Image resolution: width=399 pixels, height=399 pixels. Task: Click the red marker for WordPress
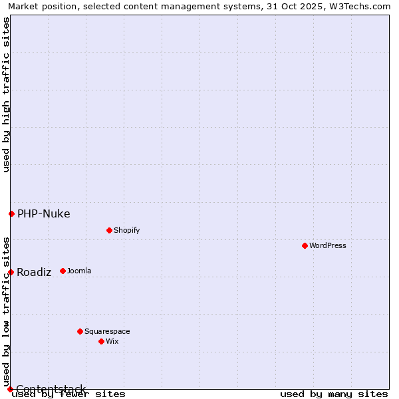[305, 245]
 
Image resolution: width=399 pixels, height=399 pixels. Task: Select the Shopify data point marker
[109, 230]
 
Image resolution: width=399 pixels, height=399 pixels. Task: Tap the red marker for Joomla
[63, 271]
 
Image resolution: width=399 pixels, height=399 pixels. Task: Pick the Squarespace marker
[80, 331]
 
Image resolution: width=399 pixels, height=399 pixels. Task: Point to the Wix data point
[101, 341]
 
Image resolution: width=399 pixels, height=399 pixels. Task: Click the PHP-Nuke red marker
[11, 213]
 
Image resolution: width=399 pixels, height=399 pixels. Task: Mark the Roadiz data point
[11, 272]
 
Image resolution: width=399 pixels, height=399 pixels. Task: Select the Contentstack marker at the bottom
[10, 389]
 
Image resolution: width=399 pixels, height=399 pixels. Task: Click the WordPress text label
[328, 245]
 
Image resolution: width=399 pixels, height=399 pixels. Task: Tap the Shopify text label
[126, 230]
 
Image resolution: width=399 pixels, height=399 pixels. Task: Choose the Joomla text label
[79, 271]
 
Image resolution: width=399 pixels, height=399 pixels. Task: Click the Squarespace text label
[107, 331]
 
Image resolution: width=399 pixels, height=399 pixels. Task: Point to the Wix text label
[112, 341]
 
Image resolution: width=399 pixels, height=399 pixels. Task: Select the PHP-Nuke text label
[43, 213]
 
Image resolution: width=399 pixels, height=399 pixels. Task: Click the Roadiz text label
[34, 272]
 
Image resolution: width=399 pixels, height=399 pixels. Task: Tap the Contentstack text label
[51, 389]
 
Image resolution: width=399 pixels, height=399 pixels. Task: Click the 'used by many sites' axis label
[334, 394]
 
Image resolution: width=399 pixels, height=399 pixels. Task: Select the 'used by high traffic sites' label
[6, 94]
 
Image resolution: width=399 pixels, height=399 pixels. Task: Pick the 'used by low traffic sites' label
[6, 311]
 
